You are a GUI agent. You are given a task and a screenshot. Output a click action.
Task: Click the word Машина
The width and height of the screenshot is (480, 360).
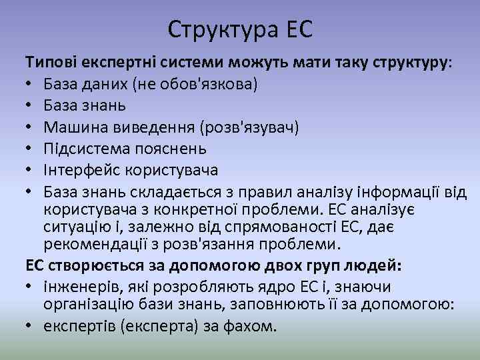tap(74, 127)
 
